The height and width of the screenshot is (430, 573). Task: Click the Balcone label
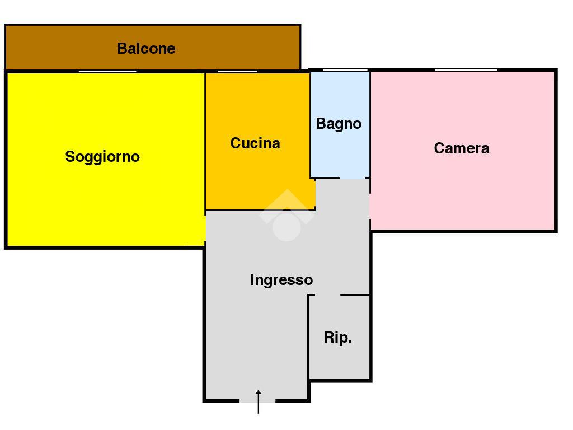(x=146, y=49)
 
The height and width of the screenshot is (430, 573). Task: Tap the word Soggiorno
(x=102, y=157)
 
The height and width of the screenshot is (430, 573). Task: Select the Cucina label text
(x=255, y=143)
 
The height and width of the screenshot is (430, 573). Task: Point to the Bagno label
(x=339, y=124)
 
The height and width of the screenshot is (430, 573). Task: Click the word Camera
(x=462, y=148)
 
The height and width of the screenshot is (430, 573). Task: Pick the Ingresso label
(x=281, y=280)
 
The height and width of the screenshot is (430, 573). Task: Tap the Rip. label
(x=338, y=338)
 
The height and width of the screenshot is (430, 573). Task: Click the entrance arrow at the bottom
(x=259, y=401)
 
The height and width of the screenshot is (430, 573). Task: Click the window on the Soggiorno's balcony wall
(x=107, y=71)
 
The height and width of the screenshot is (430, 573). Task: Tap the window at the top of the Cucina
(x=237, y=71)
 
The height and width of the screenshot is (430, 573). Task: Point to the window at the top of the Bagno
(x=345, y=70)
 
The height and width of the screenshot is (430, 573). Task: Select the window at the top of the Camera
(x=466, y=70)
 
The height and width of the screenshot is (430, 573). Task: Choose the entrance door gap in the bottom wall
(x=258, y=401)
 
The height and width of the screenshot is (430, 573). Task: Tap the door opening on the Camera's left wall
(x=370, y=206)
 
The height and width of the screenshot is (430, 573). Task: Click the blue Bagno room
(x=340, y=151)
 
